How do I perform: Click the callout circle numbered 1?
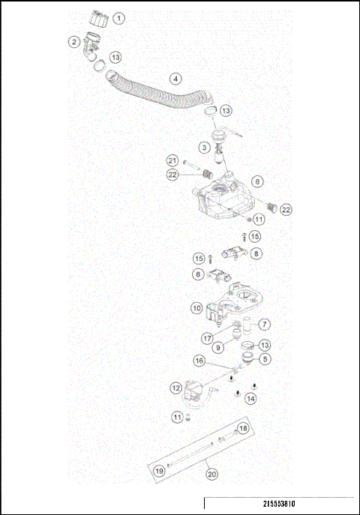[120, 17]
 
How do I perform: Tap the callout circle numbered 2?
[74, 42]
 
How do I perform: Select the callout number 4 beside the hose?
[175, 78]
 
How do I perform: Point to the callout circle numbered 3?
[204, 148]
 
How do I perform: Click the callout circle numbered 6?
[256, 181]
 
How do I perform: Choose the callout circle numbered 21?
[172, 161]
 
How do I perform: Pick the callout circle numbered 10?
[196, 307]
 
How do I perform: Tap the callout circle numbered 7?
[264, 325]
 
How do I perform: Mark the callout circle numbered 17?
[208, 338]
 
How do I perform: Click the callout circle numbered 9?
[220, 347]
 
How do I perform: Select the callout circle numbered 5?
[266, 359]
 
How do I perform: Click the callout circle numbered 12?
[175, 388]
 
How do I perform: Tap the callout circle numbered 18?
[242, 429]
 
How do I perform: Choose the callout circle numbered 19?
[160, 472]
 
